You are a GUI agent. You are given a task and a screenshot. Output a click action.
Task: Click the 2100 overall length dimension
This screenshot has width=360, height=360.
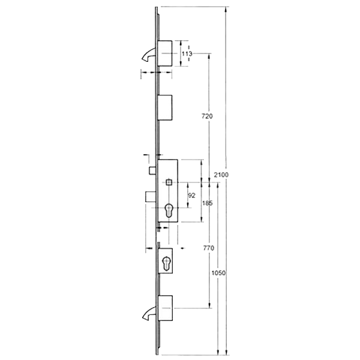click(221, 174)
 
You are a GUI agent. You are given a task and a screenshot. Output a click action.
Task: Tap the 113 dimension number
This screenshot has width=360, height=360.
click(187, 54)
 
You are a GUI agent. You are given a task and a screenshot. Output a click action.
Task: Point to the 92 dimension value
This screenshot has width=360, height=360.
click(192, 195)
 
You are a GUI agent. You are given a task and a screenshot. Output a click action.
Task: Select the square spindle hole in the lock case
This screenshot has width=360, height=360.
click(170, 182)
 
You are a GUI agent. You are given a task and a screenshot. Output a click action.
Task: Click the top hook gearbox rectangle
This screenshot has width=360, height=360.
click(166, 53)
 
